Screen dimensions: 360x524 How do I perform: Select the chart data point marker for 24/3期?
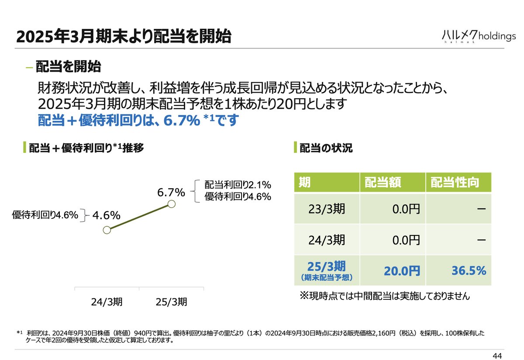tap(106, 230)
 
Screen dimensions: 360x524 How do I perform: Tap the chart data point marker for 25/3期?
tap(172, 204)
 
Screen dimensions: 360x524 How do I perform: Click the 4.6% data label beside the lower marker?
tap(106, 215)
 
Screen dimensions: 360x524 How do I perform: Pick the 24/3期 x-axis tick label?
tap(107, 301)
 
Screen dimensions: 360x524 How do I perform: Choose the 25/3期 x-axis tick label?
tap(172, 301)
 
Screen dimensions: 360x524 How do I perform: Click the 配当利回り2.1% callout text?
tap(238, 184)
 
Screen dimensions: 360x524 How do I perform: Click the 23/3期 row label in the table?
tap(327, 209)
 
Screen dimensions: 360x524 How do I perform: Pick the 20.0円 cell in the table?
tap(402, 271)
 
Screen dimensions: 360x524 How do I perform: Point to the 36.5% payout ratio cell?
tap(469, 270)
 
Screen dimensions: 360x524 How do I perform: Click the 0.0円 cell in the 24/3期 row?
tap(406, 239)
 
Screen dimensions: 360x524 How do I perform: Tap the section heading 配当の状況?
tap(326, 148)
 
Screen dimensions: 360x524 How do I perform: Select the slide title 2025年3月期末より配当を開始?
tap(123, 37)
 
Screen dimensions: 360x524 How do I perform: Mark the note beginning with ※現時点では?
tap(384, 296)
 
